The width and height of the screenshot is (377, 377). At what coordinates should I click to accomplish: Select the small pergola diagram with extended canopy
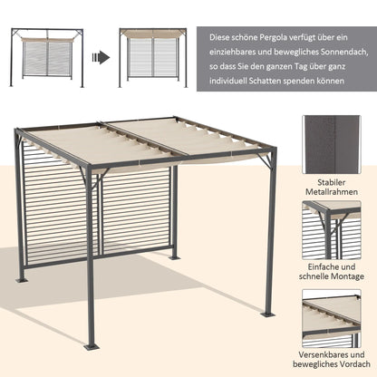pos(153,57)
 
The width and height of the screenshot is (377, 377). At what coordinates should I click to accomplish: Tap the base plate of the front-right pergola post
pos(267,314)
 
